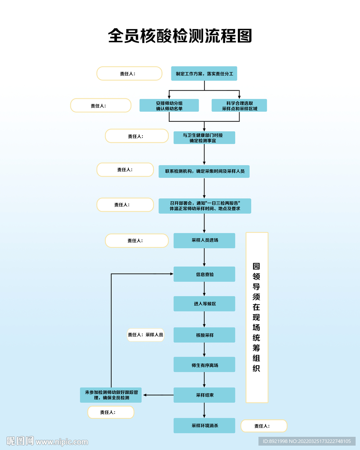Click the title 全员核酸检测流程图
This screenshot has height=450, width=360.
[180, 36]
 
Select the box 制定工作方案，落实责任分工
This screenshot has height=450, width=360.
[204, 74]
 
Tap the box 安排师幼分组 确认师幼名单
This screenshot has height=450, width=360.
[169, 105]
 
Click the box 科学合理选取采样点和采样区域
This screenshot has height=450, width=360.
[239, 105]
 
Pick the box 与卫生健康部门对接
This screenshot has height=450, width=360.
[204, 138]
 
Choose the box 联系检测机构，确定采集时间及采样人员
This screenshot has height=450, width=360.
[204, 171]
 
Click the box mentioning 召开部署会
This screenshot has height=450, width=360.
[204, 206]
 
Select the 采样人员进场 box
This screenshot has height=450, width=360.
[204, 240]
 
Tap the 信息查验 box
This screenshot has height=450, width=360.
[204, 274]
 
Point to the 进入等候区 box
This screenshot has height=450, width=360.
[204, 304]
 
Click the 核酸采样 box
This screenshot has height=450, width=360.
[204, 335]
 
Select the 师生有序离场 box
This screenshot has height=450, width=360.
[204, 365]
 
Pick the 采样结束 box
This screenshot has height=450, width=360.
[204, 395]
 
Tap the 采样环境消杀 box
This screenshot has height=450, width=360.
[204, 425]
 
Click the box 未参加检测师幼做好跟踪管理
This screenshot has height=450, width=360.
[111, 395]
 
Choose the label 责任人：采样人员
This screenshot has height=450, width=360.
[145, 335]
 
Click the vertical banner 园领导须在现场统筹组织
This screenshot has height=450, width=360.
[257, 317]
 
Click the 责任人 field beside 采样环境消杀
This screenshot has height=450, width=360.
[264, 426]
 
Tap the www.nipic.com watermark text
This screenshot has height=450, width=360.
[62, 442]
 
